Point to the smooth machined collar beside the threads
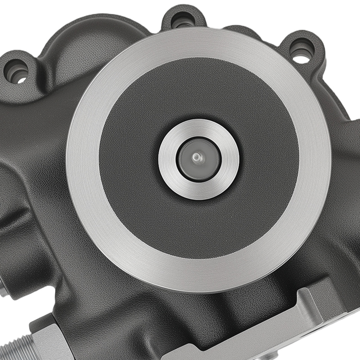tap(45, 342)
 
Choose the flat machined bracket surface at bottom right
tap(252, 335)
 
